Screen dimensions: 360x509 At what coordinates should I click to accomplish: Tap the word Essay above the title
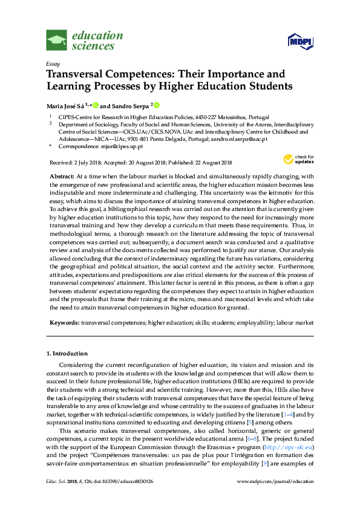(52, 63)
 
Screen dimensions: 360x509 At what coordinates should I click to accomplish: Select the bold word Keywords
(64, 324)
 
